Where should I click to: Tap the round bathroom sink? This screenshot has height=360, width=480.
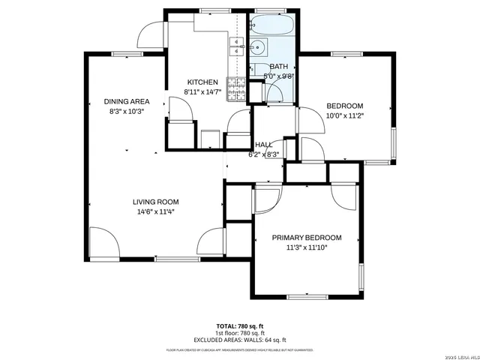pos(259,49)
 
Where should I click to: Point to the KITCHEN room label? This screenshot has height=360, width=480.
pos(202,82)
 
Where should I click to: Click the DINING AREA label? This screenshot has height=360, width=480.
pos(126,101)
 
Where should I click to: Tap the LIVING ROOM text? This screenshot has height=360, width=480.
pos(156,202)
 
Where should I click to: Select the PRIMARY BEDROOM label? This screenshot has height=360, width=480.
pos(307,237)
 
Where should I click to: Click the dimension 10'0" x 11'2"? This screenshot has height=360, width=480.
pos(344,115)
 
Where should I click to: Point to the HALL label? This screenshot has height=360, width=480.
pos(263,145)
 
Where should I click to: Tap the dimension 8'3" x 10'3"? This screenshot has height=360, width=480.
pos(126,111)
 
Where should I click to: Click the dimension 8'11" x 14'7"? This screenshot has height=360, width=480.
pos(202,91)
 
